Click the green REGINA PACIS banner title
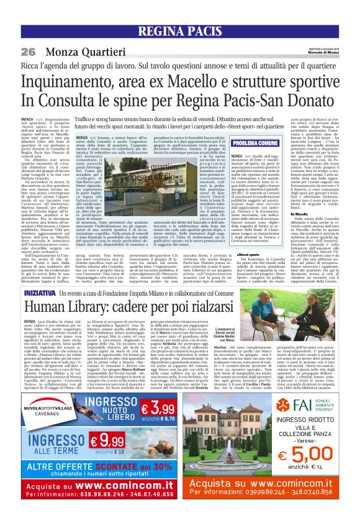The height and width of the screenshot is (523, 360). point(180,32)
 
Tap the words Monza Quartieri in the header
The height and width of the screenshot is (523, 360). point(78,50)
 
